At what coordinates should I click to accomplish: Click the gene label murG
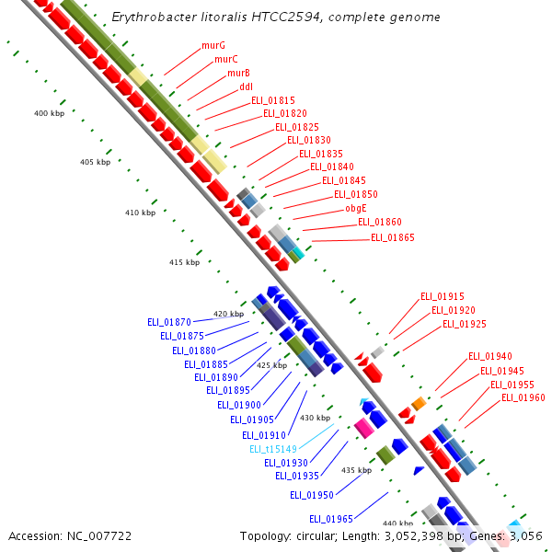point(213,45)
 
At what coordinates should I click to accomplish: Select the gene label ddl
point(246,86)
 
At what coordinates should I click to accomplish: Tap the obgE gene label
point(356,208)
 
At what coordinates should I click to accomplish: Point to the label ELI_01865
point(393,237)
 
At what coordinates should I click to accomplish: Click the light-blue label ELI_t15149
point(273,449)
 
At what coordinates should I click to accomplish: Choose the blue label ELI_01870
point(169,323)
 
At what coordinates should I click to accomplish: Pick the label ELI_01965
point(331,519)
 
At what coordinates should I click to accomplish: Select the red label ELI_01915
point(443,296)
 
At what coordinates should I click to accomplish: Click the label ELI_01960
point(523,397)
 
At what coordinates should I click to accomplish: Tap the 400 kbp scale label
point(49,113)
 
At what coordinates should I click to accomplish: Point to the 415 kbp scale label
point(184,262)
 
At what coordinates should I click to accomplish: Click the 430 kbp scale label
point(315,418)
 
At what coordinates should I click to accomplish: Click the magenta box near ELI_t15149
point(364,428)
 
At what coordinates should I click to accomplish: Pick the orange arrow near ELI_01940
point(419,404)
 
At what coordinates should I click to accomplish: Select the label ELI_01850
point(356,194)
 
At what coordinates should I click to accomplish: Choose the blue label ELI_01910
point(264,435)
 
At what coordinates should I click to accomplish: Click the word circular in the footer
point(314,535)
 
